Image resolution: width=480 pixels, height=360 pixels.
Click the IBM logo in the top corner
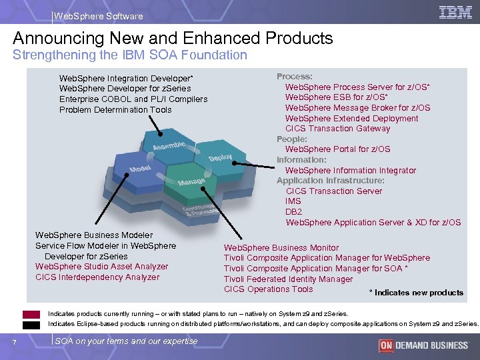point(456,12)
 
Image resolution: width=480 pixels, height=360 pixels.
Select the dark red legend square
point(31,315)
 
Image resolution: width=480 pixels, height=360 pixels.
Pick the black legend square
point(31,325)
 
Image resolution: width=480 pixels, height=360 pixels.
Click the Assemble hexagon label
point(169,144)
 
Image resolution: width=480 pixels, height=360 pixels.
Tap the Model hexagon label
point(139,171)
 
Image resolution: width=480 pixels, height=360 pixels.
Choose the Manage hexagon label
point(191,181)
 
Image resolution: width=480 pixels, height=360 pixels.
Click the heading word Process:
point(295,77)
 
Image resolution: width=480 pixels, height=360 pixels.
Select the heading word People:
point(292,139)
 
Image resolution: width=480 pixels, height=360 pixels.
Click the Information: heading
point(301,159)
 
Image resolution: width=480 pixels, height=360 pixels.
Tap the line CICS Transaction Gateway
point(337,129)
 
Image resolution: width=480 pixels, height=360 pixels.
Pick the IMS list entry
point(293,201)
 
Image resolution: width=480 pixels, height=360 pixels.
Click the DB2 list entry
point(293,211)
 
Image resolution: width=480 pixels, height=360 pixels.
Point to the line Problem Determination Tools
point(115,110)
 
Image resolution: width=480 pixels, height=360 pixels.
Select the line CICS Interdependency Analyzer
point(97,277)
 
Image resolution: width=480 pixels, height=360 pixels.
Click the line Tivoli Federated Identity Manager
point(288,279)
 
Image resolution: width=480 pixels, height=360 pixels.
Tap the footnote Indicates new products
point(416,293)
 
